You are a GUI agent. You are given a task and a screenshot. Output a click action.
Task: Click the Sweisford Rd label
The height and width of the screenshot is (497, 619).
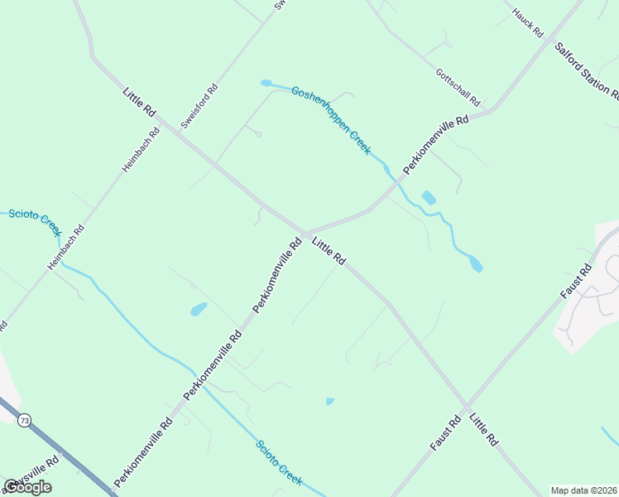tap(199, 105)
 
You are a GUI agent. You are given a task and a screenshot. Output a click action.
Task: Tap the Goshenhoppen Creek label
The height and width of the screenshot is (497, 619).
tap(330, 119)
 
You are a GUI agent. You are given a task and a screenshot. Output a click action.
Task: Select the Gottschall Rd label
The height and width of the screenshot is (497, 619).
tap(458, 86)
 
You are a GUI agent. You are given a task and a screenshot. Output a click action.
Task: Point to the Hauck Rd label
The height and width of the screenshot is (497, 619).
tap(527, 22)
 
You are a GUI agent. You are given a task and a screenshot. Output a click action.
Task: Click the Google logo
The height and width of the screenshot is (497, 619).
tap(27, 487)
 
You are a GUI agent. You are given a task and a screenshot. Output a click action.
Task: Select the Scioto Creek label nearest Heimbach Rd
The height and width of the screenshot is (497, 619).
tap(36, 220)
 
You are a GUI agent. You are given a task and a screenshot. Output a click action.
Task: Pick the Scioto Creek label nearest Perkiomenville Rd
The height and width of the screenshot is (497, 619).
tap(279, 462)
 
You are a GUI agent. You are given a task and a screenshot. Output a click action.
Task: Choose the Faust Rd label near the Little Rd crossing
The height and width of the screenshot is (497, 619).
tap(445, 433)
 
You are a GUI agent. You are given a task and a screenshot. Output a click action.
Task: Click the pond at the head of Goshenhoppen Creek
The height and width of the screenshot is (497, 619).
tap(266, 83)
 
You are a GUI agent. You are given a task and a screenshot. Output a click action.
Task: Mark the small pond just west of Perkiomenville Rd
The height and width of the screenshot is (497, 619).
tap(199, 310)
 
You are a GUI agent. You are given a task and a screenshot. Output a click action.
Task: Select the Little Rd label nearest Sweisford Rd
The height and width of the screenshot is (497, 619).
tap(138, 102)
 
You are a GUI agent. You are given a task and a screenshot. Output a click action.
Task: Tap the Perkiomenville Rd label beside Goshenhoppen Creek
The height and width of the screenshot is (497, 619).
tap(435, 144)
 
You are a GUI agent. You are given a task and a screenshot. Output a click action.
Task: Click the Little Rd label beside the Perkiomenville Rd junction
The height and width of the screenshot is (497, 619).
tap(329, 251)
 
